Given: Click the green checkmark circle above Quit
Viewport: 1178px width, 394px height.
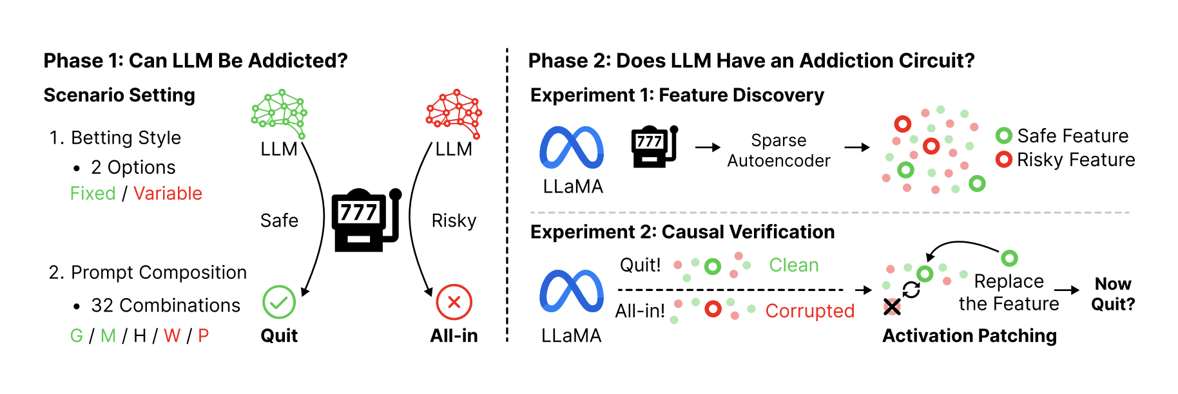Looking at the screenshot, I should (279, 302).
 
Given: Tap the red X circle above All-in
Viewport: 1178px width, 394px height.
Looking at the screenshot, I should (454, 302).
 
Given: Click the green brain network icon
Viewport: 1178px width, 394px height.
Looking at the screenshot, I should (280, 113).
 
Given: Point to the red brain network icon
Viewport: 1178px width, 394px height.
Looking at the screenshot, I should (454, 113).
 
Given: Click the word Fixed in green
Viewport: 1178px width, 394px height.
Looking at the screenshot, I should (93, 193).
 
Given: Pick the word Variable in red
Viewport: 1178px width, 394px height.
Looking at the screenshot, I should (168, 193).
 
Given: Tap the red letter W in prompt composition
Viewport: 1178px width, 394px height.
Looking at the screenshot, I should (172, 335).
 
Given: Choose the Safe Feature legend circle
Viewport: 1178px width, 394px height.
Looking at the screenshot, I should (1004, 136).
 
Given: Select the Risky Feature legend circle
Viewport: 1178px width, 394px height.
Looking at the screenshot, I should (1004, 160).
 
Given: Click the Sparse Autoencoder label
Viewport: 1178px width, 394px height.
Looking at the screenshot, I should (778, 151).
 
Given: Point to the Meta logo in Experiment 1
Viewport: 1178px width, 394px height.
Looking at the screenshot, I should (572, 147).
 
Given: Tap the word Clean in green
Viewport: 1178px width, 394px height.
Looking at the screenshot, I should (794, 265).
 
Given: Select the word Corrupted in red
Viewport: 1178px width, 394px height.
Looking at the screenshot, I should (810, 310).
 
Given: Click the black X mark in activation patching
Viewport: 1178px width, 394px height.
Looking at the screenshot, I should (892, 307).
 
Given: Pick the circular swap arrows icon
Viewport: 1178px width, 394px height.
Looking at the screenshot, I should (911, 290).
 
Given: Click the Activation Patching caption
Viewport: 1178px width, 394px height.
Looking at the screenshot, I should (969, 335).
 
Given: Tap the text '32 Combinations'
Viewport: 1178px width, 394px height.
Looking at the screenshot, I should (166, 305).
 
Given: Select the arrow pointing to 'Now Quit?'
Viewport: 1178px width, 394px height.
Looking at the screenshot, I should (1067, 290).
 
